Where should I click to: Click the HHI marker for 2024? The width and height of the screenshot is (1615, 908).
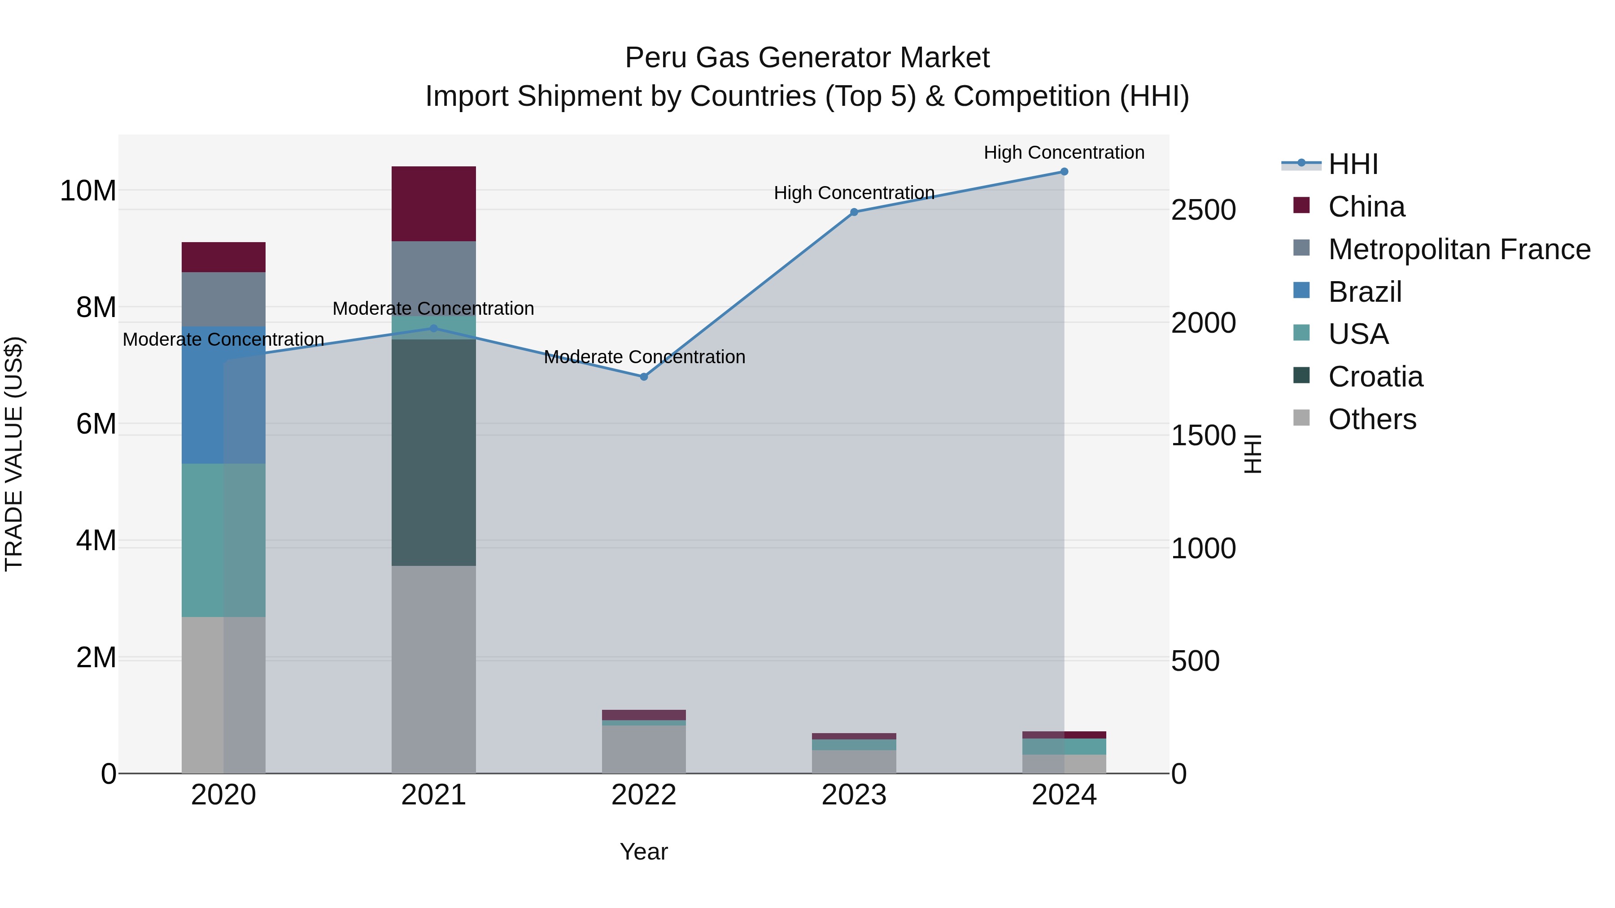pyautogui.click(x=1064, y=172)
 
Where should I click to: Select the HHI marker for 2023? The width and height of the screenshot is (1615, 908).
pyautogui.click(x=854, y=212)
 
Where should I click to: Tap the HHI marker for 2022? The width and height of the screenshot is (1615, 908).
pyautogui.click(x=644, y=377)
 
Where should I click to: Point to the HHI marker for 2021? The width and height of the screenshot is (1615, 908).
pyautogui.click(x=433, y=328)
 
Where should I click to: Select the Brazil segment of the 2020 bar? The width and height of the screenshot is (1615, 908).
pyautogui.click(x=223, y=395)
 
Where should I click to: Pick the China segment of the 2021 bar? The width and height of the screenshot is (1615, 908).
pyautogui.click(x=433, y=204)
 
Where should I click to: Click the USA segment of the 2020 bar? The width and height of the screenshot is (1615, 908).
pyautogui.click(x=223, y=540)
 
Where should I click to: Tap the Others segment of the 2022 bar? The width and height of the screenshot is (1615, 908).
pyautogui.click(x=644, y=749)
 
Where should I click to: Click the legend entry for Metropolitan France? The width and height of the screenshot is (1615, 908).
pyautogui.click(x=1459, y=249)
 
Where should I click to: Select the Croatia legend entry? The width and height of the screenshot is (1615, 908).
pyautogui.click(x=1375, y=377)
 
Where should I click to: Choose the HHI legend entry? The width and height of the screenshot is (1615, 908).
pyautogui.click(x=1353, y=164)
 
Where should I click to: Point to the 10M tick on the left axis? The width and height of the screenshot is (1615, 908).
pyautogui.click(x=88, y=191)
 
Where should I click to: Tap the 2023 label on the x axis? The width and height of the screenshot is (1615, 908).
pyautogui.click(x=854, y=795)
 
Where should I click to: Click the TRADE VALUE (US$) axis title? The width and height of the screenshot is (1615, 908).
pyautogui.click(x=14, y=454)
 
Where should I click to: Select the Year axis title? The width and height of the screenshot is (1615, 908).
pyautogui.click(x=644, y=852)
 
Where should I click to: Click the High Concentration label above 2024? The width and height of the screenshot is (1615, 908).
pyautogui.click(x=1064, y=152)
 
